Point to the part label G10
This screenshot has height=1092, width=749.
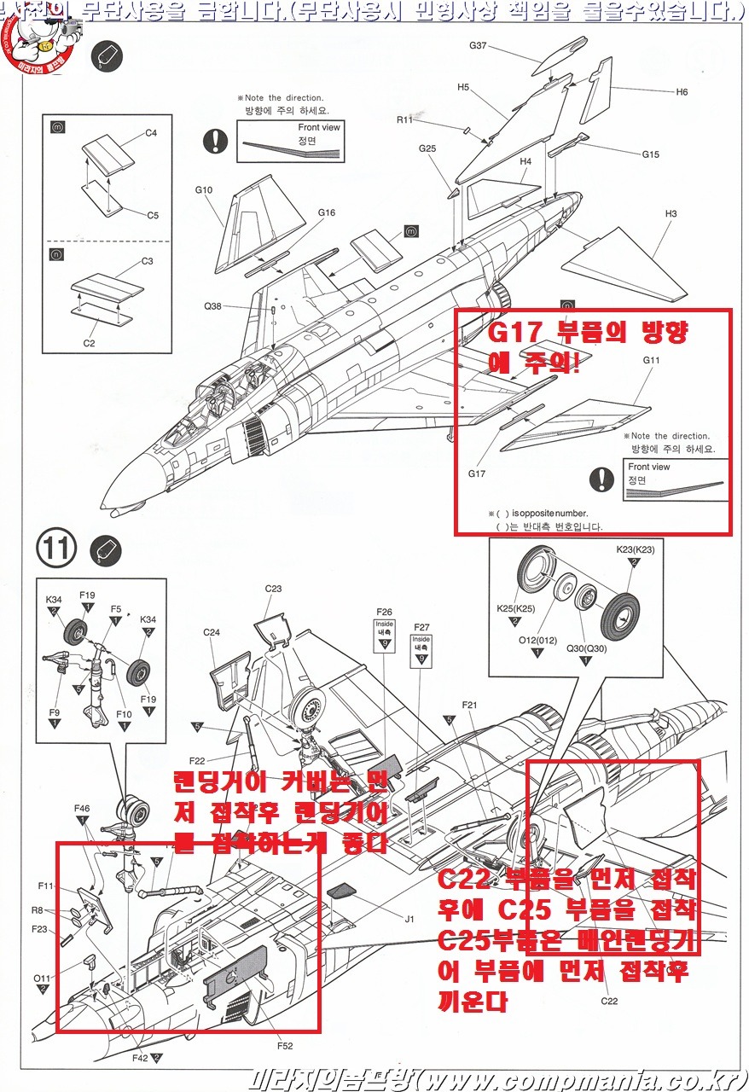tap(203, 189)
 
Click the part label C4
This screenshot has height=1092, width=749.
tap(151, 133)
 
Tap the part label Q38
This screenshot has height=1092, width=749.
tap(212, 306)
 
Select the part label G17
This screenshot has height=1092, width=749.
tap(477, 473)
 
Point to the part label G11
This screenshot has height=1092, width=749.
tap(653, 360)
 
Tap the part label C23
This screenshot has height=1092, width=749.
tap(273, 589)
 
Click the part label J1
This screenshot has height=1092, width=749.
tap(409, 919)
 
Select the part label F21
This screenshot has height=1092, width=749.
tap(472, 705)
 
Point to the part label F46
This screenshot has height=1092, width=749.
tap(82, 808)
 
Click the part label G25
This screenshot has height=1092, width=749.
tap(427, 149)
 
